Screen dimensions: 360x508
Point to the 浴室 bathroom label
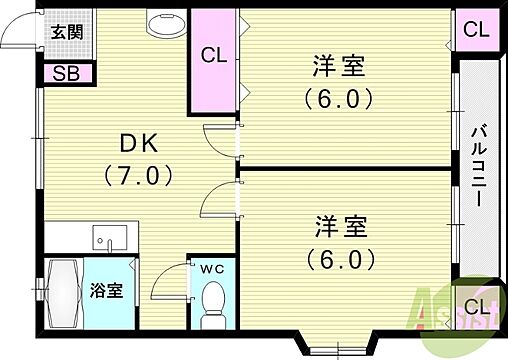pyautogui.click(x=108, y=291)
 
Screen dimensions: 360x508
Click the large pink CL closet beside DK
pyautogui.click(x=214, y=58)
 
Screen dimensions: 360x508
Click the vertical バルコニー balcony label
pyautogui.click(x=478, y=165)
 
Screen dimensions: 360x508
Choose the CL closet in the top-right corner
pyautogui.click(x=477, y=28)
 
